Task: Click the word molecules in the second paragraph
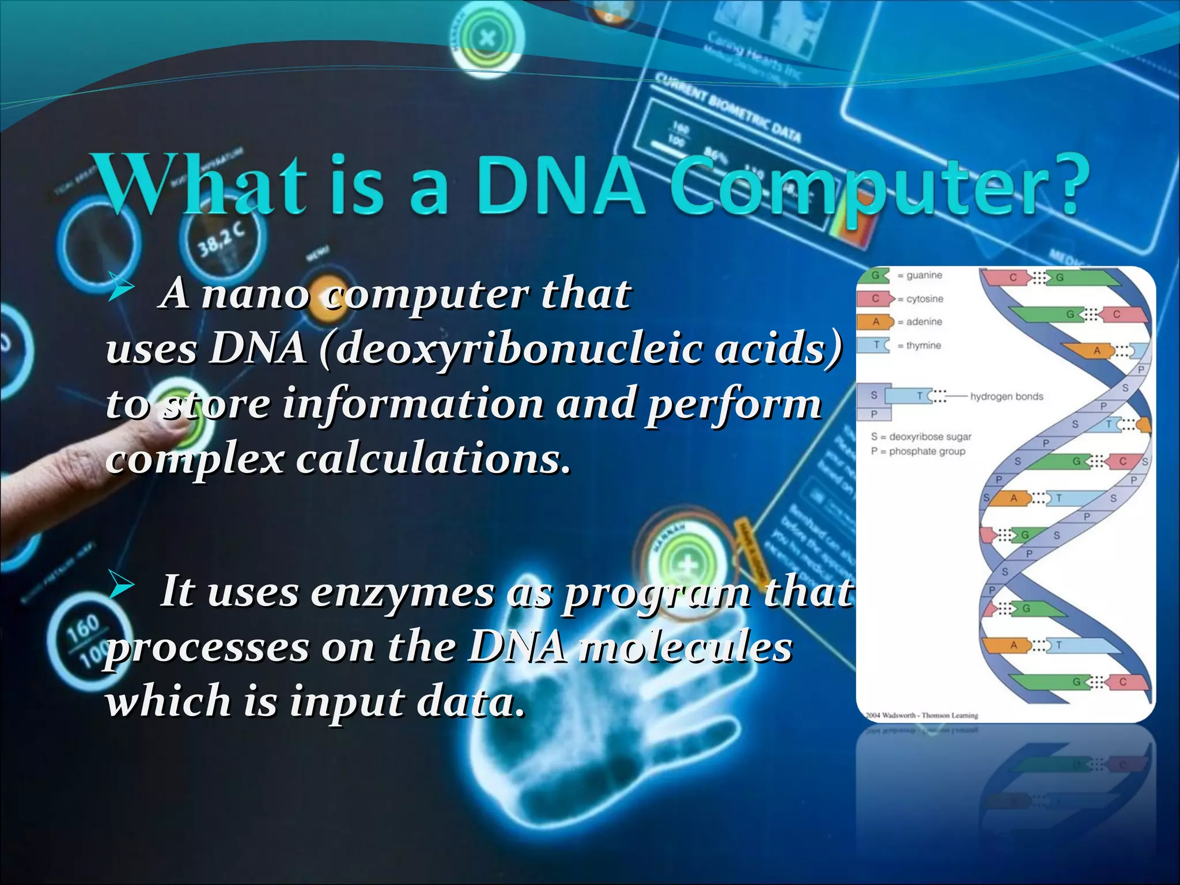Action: click(x=685, y=648)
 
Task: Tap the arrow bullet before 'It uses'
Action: click(x=121, y=586)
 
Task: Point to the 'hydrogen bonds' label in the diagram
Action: click(x=1007, y=396)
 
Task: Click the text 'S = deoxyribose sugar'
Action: click(x=921, y=437)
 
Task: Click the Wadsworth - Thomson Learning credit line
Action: click(x=922, y=715)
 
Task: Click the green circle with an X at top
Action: click(x=487, y=39)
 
